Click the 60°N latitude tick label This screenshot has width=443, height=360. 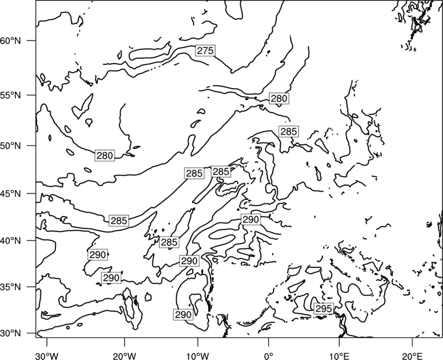[11, 40]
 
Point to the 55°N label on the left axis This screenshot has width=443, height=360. [11, 95]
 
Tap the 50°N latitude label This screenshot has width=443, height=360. [11, 146]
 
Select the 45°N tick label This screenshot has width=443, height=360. [11, 194]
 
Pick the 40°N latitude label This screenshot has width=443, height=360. [11, 241]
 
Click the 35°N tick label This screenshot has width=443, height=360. [11, 287]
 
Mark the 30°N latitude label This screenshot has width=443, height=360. [11, 333]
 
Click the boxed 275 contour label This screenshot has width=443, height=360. [205, 50]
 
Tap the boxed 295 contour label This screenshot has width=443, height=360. [323, 308]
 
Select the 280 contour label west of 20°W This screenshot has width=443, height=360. [105, 156]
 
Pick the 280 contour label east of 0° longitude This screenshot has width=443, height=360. [279, 99]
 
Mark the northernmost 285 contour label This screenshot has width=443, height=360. [289, 131]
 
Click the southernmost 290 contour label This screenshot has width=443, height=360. [183, 314]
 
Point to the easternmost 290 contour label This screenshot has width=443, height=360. [251, 219]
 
